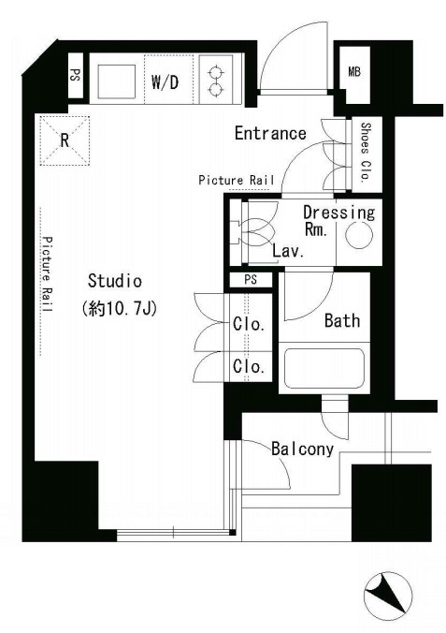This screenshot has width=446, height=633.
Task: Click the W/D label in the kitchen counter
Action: pyautogui.click(x=165, y=82)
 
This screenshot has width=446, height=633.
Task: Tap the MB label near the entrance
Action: pyautogui.click(x=354, y=72)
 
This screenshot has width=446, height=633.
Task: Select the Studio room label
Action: pyautogui.click(x=115, y=281)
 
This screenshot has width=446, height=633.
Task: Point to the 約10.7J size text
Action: pyautogui.click(x=119, y=309)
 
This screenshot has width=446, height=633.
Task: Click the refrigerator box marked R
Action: pyautogui.click(x=65, y=140)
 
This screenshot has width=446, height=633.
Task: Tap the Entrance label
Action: pyautogui.click(x=270, y=133)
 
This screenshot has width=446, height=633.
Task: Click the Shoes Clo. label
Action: pyautogui.click(x=366, y=153)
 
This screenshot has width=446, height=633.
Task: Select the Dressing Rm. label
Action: pyautogui.click(x=338, y=220)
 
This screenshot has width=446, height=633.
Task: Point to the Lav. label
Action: pyautogui.click(x=288, y=251)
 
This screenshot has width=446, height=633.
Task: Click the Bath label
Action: pyautogui.click(x=342, y=320)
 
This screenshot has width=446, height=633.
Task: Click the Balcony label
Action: pyautogui.click(x=302, y=449)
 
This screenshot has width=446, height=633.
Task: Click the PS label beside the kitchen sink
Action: pyautogui.click(x=75, y=75)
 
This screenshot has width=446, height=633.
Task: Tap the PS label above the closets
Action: pyautogui.click(x=251, y=279)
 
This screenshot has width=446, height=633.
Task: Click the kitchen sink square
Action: pyautogui.click(x=117, y=81)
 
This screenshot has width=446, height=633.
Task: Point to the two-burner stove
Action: pyautogui.click(x=216, y=80)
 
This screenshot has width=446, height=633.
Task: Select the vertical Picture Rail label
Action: pyautogui.click(x=48, y=274)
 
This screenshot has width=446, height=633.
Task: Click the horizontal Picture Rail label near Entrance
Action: pyautogui.click(x=237, y=180)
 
